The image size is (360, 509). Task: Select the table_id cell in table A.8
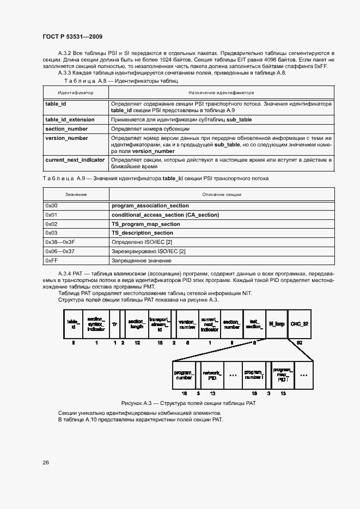coord(56,103)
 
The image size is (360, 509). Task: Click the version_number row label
coord(66,138)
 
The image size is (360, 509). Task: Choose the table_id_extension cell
coord(70,119)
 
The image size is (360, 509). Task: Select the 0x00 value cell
coord(52,206)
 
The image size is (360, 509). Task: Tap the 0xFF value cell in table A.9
coord(52,261)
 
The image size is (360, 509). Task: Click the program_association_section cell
coord(150,206)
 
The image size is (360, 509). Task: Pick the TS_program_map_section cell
coord(145,224)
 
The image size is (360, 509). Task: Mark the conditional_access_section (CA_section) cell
coord(165,215)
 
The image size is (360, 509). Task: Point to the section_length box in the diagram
coord(136,324)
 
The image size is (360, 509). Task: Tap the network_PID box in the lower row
coord(212,375)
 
